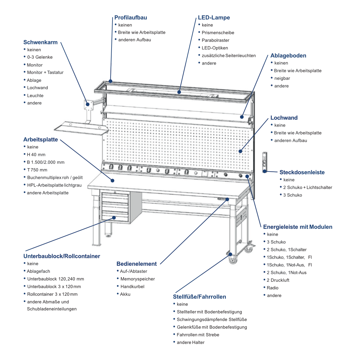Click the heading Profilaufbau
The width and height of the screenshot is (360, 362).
[131, 17]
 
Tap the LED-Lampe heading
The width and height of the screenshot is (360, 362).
[214, 17]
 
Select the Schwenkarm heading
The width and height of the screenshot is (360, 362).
[40, 42]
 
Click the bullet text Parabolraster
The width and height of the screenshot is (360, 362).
[215, 40]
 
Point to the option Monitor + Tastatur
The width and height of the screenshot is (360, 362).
[45, 72]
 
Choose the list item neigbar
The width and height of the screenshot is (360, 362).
[282, 78]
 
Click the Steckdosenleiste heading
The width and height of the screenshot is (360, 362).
[302, 172]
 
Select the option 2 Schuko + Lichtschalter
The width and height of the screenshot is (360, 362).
[308, 187]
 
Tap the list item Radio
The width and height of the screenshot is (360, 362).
[273, 288]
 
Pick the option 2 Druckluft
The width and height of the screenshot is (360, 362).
[278, 280]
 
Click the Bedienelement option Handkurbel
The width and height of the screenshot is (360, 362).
[132, 287]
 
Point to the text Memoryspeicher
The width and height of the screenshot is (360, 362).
[137, 279]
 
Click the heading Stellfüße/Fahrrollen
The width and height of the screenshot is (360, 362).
[199, 297]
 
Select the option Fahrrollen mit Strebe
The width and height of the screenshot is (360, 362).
[198, 335]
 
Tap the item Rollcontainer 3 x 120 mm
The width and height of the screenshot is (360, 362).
[52, 294]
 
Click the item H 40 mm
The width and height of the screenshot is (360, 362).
[36, 155]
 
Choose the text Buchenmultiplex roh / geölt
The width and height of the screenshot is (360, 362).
[55, 178]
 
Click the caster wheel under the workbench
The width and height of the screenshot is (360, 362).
[233, 260]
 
